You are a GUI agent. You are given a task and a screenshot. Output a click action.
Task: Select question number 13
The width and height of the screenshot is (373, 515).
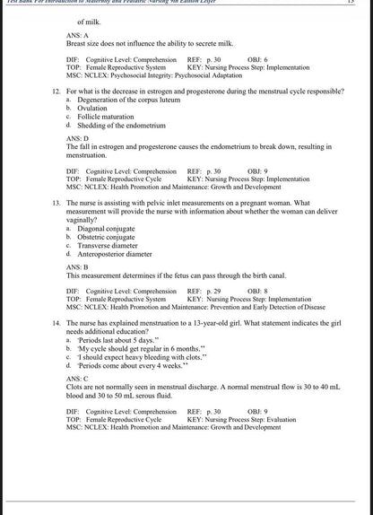[56, 204]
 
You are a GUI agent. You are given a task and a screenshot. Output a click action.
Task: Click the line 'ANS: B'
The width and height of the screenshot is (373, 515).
[77, 267]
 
